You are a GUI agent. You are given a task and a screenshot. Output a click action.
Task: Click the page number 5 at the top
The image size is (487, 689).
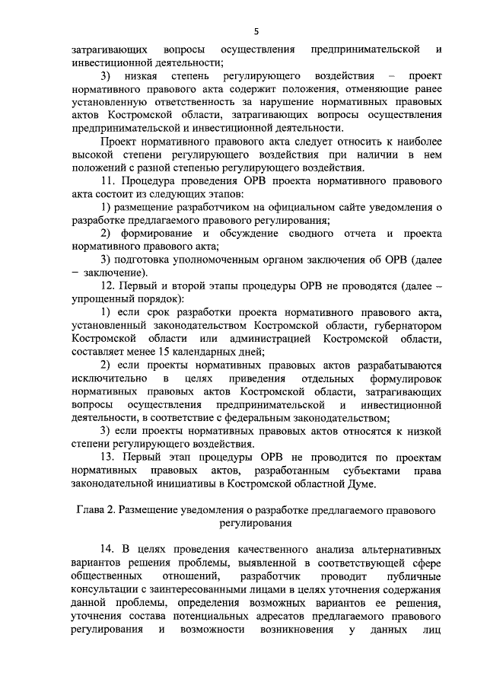pos(256,30)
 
